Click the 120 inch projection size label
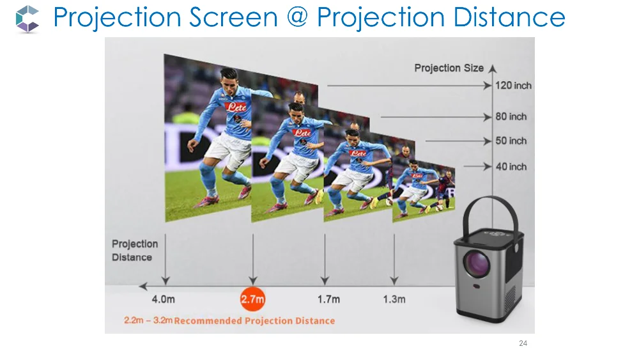point(514,86)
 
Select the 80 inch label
point(511,116)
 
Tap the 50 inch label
point(511,141)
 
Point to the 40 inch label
point(511,166)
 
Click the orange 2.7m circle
point(252,299)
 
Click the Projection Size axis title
point(449,68)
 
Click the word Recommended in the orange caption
point(207,320)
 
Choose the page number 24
point(523,344)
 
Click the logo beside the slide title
point(27,19)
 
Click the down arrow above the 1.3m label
point(394,256)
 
